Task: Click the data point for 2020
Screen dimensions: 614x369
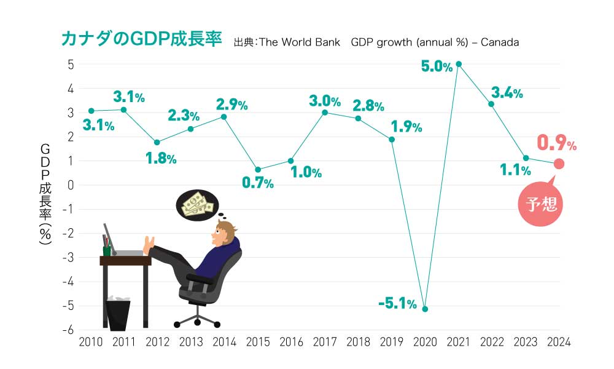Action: [426, 309]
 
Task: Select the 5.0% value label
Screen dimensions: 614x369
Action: [437, 66]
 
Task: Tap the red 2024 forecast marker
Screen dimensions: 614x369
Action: [559, 164]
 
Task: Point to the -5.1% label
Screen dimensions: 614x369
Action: [397, 303]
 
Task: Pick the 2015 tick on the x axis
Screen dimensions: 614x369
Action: [258, 342]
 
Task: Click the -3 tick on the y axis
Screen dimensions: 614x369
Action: [68, 257]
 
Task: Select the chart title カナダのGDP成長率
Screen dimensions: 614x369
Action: [142, 39]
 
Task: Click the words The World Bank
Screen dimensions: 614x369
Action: [300, 42]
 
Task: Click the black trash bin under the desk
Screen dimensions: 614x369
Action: [118, 314]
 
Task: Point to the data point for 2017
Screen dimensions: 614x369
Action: [325, 113]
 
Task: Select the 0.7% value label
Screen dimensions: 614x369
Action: [258, 182]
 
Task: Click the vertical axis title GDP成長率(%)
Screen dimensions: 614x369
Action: [45, 194]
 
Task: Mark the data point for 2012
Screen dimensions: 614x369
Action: [157, 142]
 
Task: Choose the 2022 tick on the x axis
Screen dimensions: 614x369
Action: [492, 342]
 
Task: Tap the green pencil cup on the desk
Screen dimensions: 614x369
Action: [107, 250]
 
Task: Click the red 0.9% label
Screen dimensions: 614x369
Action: [556, 143]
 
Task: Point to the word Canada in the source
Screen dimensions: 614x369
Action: [500, 42]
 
